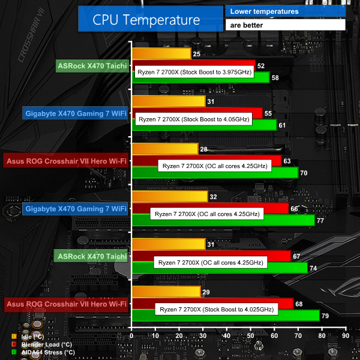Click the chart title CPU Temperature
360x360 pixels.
(x=146, y=19)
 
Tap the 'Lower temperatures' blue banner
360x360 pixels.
(x=285, y=11)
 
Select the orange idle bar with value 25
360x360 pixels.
(x=161, y=54)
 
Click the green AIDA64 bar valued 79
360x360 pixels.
(x=225, y=315)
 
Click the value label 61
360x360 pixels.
(x=281, y=125)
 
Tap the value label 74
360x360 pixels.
(x=313, y=268)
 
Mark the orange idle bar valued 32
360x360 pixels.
(x=169, y=197)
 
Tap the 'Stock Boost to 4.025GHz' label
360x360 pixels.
(x=216, y=310)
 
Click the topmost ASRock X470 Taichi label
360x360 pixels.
(x=92, y=66)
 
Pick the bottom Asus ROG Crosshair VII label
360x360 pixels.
(x=66, y=304)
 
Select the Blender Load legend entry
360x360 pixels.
(x=45, y=344)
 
